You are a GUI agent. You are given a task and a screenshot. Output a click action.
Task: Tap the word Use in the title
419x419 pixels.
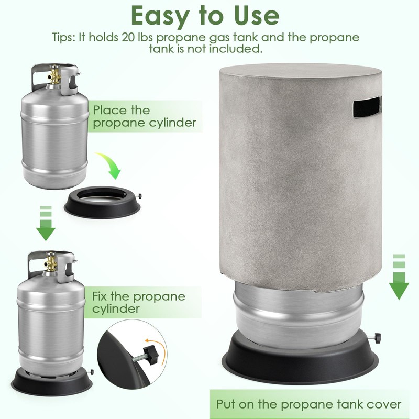pos(257,16)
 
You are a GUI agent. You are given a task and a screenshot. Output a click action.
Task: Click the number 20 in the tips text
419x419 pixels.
pos(128,37)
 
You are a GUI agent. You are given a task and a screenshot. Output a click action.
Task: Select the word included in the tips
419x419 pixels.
pos(234,49)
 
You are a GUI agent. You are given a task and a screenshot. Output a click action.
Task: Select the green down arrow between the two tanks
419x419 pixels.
pos(46,224)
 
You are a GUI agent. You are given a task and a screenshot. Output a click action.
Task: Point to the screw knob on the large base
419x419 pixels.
pos(377,337)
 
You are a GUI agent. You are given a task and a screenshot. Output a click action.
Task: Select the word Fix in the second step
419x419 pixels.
pos(100,296)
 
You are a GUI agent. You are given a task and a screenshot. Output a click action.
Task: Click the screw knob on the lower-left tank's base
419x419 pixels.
pos(93,372)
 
